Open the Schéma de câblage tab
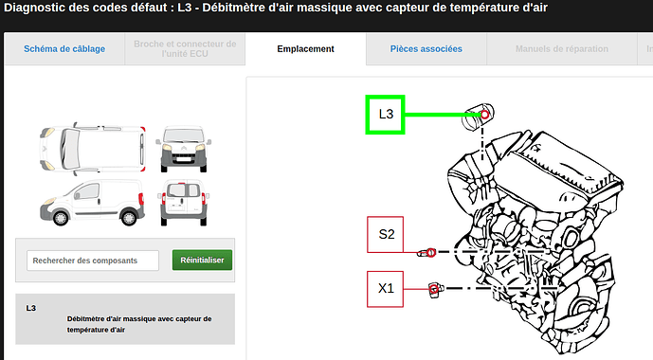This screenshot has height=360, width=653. pyautogui.click(x=64, y=49)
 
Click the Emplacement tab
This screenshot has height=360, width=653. pyautogui.click(x=306, y=49)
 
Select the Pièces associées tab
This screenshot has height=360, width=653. pyautogui.click(x=426, y=49)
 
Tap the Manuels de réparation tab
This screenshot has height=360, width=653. pyautogui.click(x=562, y=49)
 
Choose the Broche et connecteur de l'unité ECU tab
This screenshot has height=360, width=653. pyautogui.click(x=185, y=49)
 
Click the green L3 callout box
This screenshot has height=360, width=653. pyautogui.click(x=385, y=115)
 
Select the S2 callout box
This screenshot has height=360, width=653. pyautogui.click(x=385, y=234)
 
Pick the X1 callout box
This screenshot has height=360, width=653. pyautogui.click(x=385, y=289)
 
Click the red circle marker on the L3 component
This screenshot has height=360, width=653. pyautogui.click(x=484, y=114)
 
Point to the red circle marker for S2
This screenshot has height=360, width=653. pyautogui.click(x=431, y=252)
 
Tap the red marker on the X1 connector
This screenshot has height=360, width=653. pyautogui.click(x=434, y=289)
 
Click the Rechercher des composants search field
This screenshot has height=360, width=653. pyautogui.click(x=93, y=261)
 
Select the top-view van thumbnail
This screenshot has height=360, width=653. pyautogui.click(x=93, y=148)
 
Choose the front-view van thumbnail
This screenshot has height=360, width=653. pyautogui.click(x=184, y=149)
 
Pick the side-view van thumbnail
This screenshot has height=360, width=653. pyautogui.click(x=93, y=203)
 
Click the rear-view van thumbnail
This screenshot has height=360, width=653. pyautogui.click(x=184, y=203)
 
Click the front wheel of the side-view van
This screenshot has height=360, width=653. pyautogui.click(x=61, y=218)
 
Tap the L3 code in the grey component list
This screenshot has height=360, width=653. pyautogui.click(x=31, y=308)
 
